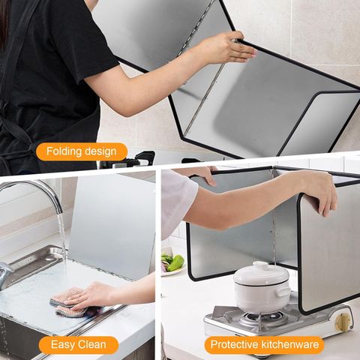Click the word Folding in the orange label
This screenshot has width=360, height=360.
[64, 151]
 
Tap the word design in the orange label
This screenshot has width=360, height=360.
[100, 151]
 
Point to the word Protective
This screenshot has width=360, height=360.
[234, 344]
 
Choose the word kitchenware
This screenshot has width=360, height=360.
[289, 344]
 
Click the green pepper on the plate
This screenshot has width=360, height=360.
[176, 263]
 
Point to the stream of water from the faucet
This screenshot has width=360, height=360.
[62, 237]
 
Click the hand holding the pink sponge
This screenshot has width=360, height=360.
[92, 295]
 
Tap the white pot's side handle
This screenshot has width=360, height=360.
[284, 292]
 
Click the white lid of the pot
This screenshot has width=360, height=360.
[261, 273]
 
